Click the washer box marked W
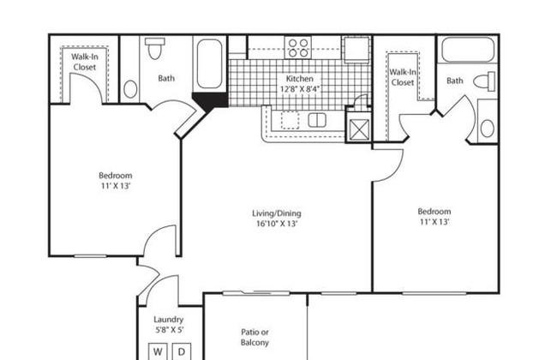[158, 351]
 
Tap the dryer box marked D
[182, 351]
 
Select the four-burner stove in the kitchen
[297, 48]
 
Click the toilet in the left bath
[154, 48]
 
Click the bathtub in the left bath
[210, 63]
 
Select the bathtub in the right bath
[468, 50]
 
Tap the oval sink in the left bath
[130, 89]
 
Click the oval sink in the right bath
[487, 129]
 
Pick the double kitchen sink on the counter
[317, 120]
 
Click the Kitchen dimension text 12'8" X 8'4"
[299, 89]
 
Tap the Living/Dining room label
[277, 213]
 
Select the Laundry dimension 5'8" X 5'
[169, 330]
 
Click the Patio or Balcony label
[255, 337]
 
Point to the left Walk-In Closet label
[85, 62]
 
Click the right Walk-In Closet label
[403, 77]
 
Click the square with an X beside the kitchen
[359, 129]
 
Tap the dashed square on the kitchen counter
[290, 120]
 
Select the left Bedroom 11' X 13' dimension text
[115, 185]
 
